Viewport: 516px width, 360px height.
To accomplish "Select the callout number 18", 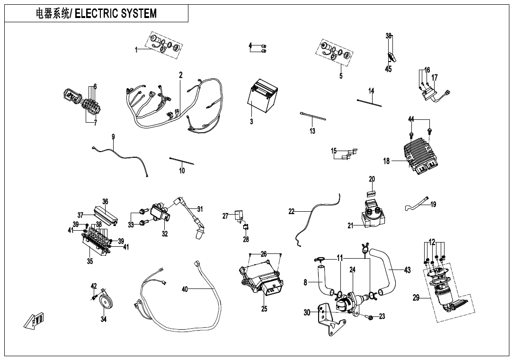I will [x=387, y=161].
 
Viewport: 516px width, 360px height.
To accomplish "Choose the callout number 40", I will [x=185, y=289].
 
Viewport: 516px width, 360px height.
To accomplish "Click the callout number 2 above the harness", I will [x=181, y=75].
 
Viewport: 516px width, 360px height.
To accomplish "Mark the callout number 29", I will [x=416, y=297].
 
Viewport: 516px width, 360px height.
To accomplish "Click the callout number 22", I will [x=291, y=212].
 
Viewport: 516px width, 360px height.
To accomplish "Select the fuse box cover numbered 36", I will [x=106, y=214].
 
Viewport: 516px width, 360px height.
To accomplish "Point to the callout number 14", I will [x=372, y=90].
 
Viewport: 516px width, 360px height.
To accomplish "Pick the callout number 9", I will [x=113, y=137].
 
